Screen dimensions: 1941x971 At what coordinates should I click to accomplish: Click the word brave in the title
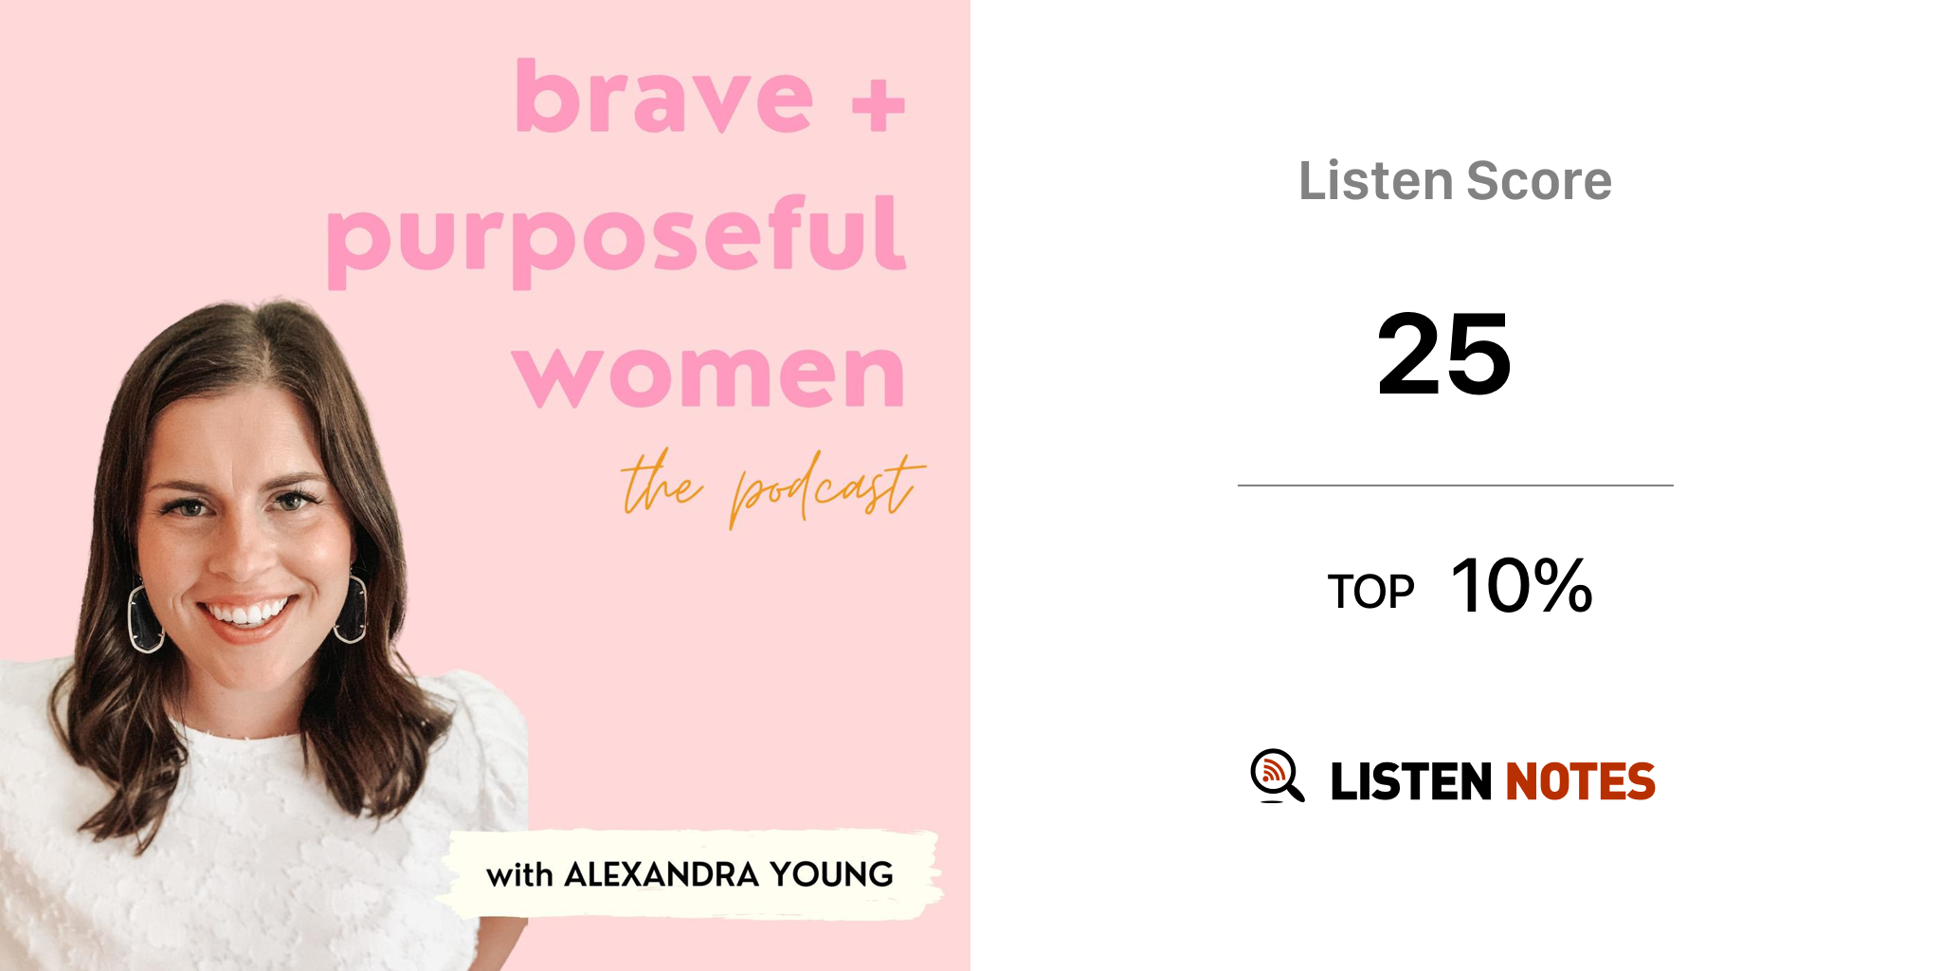[x=663, y=96]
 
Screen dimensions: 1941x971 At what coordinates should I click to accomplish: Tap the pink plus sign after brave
[x=879, y=105]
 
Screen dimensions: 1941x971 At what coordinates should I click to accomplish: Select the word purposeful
[x=616, y=241]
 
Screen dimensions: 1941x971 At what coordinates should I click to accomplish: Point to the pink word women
[x=709, y=376]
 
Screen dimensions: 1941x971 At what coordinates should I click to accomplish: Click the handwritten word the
[x=662, y=484]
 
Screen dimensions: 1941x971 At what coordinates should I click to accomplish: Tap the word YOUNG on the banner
[x=831, y=874]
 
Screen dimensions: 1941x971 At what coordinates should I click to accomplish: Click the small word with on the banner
[x=519, y=875]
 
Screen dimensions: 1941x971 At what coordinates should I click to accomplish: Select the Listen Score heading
[x=1455, y=181]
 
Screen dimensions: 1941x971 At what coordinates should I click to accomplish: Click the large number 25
[x=1443, y=355]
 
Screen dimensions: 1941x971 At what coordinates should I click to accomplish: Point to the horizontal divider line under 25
[x=1455, y=485]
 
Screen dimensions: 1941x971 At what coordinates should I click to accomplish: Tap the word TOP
[x=1370, y=592]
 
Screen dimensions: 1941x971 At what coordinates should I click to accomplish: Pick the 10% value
[x=1522, y=586]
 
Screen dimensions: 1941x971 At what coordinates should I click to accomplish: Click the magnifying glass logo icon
[x=1277, y=776]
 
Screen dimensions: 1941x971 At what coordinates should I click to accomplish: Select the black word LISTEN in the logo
[x=1411, y=781]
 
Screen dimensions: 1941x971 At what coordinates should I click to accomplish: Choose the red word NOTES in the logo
[x=1580, y=781]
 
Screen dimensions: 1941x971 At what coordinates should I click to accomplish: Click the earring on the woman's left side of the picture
[x=145, y=618]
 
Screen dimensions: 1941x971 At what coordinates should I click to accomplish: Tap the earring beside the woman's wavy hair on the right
[x=352, y=608]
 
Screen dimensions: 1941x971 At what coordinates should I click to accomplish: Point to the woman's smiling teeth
[x=248, y=612]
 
